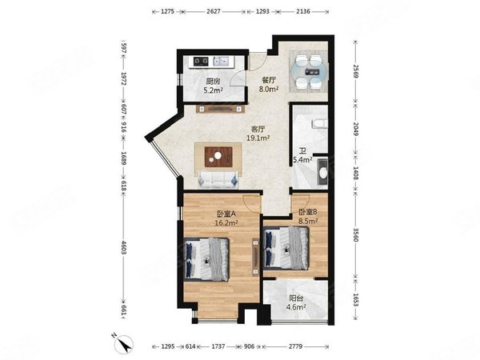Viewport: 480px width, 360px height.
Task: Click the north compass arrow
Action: click(124, 344)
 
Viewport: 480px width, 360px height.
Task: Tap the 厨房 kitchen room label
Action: click(213, 82)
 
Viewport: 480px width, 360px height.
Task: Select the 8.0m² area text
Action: click(269, 89)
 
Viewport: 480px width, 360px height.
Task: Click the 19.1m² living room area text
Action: click(258, 138)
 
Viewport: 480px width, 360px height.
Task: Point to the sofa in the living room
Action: click(218, 180)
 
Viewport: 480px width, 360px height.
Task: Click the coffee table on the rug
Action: click(218, 157)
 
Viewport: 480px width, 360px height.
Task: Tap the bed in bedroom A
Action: click(206, 259)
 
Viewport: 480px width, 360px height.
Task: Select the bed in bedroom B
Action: click(286, 248)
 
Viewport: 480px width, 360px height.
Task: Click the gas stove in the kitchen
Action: click(201, 62)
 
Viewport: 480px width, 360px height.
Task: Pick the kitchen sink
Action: click(221, 62)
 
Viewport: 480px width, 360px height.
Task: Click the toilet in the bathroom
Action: click(319, 123)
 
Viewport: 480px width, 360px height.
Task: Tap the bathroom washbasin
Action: click(322, 172)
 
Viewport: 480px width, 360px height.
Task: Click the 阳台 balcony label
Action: click(295, 298)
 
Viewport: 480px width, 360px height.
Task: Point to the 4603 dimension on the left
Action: click(124, 247)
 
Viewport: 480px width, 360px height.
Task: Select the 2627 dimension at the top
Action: click(214, 12)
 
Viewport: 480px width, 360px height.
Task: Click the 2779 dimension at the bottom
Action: click(295, 346)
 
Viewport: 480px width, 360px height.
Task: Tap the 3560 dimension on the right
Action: click(355, 234)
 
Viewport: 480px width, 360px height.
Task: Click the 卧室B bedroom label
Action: click(308, 211)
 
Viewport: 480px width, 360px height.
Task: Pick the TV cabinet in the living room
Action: click(221, 109)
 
